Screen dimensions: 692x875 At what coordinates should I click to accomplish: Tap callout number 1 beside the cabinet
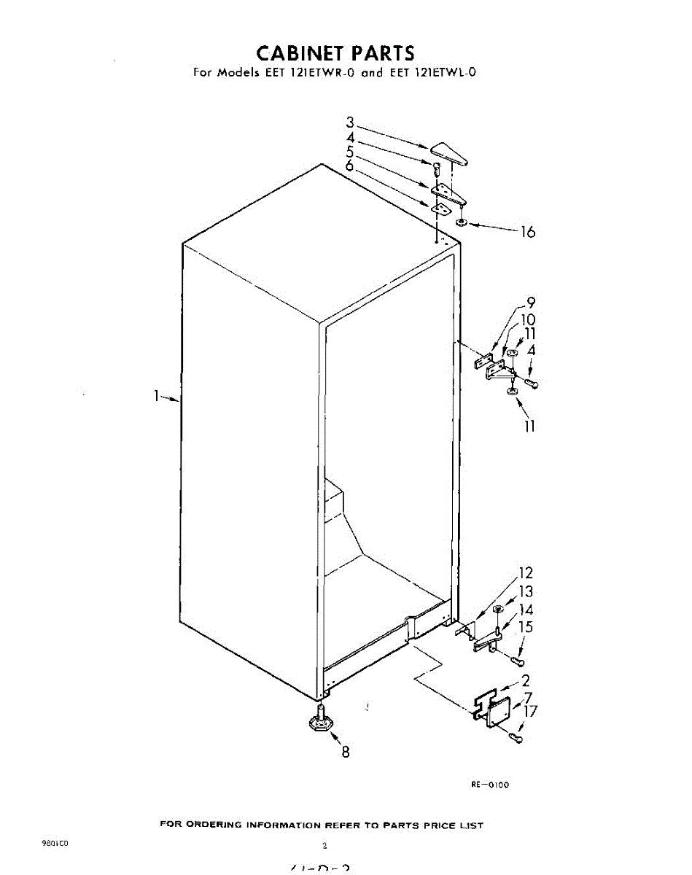pos(155,396)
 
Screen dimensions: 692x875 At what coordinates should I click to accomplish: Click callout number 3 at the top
pos(350,122)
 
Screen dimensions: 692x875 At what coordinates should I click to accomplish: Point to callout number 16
pos(527,232)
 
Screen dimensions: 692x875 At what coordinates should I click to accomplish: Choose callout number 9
pos(531,303)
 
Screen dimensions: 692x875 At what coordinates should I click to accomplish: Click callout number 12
pos(526,573)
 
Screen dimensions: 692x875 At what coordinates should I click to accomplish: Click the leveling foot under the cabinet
pos(319,723)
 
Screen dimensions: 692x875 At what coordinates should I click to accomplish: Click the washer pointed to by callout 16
pos(462,221)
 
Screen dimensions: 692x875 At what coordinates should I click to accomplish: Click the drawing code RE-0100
pos(490,785)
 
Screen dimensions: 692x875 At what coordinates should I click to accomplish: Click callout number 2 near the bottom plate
pos(526,682)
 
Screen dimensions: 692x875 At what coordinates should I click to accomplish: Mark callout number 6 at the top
pos(350,166)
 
